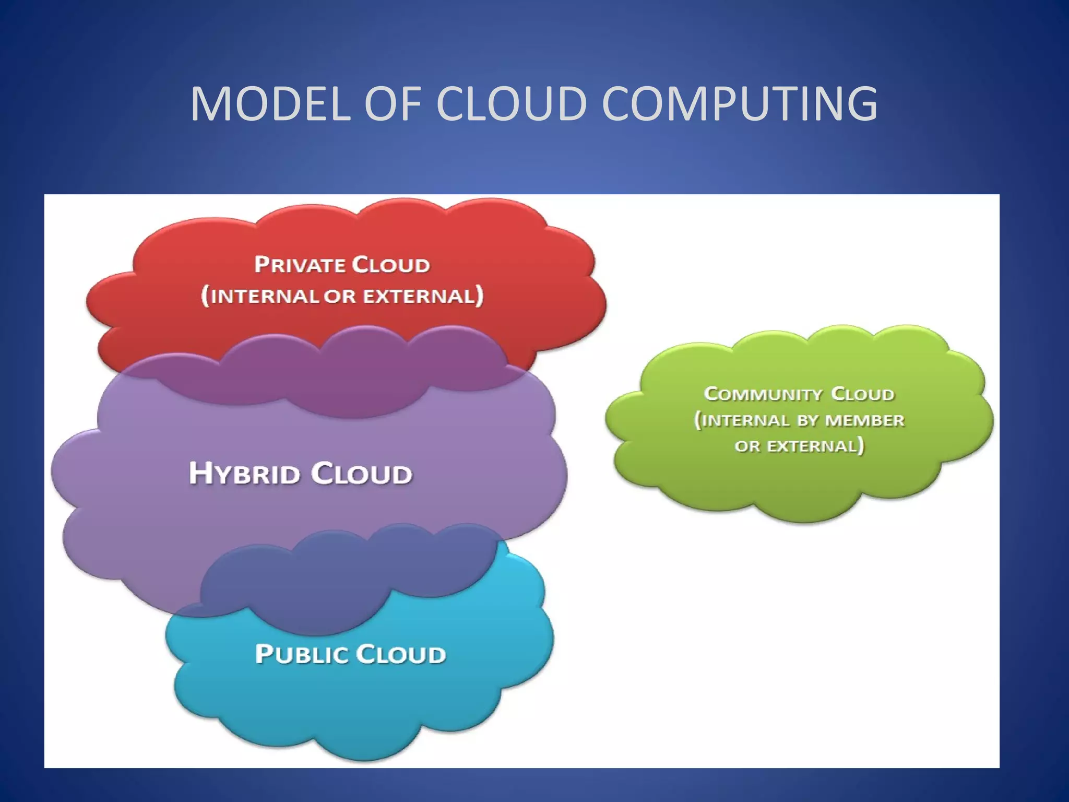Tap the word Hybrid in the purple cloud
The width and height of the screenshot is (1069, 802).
pyautogui.click(x=244, y=474)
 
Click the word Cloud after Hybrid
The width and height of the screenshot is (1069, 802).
pyautogui.click(x=361, y=474)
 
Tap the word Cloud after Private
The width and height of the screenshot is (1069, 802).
pyautogui.click(x=390, y=265)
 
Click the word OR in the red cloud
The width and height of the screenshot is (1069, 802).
pyautogui.click(x=339, y=296)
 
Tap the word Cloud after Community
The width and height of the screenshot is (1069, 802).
pyautogui.click(x=862, y=394)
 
